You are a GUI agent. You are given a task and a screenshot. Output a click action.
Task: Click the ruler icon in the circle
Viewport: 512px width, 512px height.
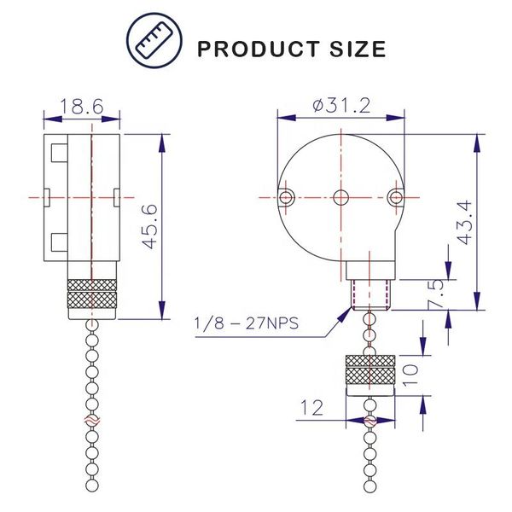[154, 40]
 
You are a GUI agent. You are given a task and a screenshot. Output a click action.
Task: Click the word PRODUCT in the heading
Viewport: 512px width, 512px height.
[259, 49]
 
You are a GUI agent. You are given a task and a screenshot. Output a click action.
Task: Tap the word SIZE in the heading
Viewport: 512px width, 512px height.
[358, 49]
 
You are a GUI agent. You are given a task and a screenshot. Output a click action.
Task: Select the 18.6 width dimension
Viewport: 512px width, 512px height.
[82, 106]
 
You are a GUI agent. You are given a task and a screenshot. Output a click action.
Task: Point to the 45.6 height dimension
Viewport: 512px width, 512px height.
[150, 227]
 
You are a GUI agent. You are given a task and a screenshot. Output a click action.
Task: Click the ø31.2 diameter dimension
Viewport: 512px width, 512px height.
[341, 106]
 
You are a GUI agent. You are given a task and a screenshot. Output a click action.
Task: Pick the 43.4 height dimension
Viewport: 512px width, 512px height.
[463, 223]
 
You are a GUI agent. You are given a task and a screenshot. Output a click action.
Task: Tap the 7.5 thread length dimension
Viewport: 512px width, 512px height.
[436, 294]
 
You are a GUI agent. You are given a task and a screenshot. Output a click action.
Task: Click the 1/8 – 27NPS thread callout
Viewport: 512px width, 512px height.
[247, 323]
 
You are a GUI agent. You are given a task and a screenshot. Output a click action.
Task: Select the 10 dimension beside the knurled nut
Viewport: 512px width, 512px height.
[410, 375]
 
